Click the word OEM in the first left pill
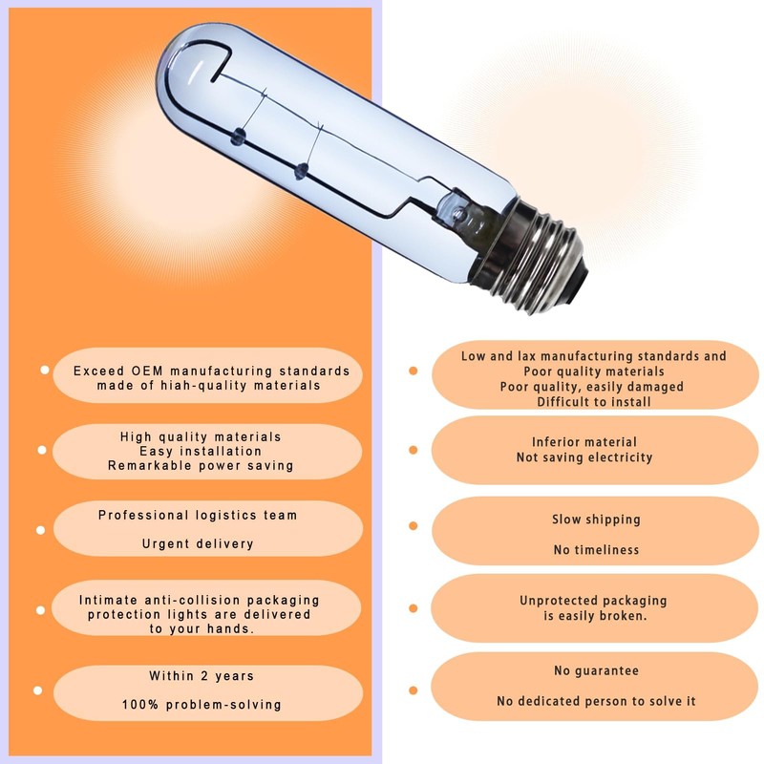coord(147,371)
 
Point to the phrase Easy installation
coord(201,451)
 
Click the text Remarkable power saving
coord(201,466)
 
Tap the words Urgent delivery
coord(198,543)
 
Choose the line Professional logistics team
coord(198,515)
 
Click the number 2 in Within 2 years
coord(204,676)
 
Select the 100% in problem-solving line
coord(140,705)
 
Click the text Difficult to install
coord(594,402)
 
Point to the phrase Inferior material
coord(584,442)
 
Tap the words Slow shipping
coord(596,520)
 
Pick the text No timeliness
coord(596,550)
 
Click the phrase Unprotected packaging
coord(593,601)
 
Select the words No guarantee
coord(596,671)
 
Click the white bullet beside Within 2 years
coord(37,690)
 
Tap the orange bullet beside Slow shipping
coord(414,526)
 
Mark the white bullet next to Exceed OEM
coord(44,371)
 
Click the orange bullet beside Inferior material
coord(414,450)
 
